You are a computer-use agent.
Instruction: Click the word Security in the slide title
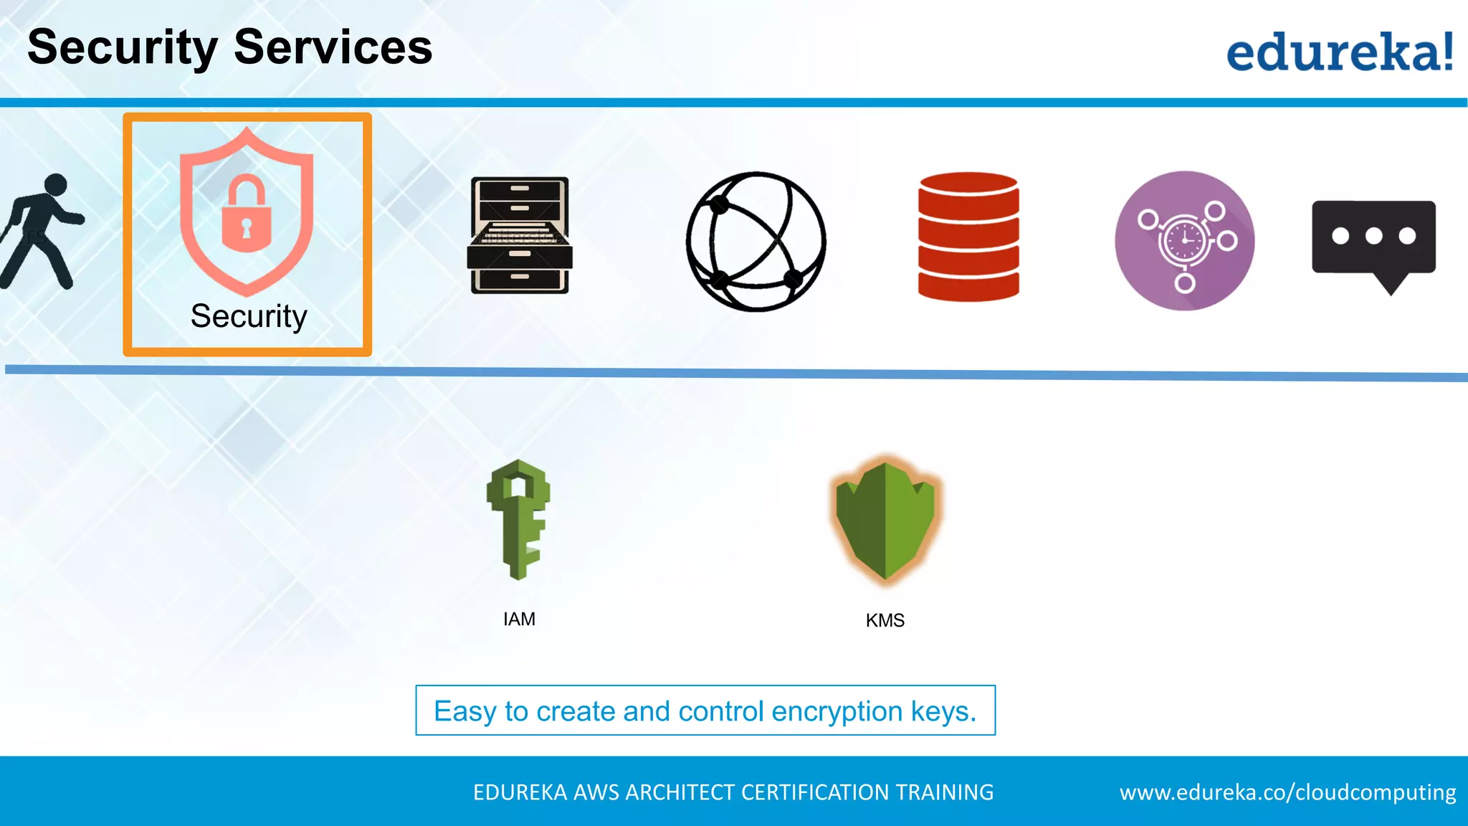click(x=122, y=47)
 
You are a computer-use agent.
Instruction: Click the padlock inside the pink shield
click(x=247, y=214)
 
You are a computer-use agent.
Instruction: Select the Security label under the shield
click(x=248, y=316)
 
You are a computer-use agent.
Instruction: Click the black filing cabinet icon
click(x=520, y=235)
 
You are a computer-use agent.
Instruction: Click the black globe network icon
click(x=756, y=241)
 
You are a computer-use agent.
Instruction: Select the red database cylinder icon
click(x=968, y=236)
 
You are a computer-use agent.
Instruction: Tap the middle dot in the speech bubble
click(x=1373, y=236)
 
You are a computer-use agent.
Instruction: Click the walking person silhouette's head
click(x=56, y=184)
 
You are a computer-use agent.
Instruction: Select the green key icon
click(x=519, y=519)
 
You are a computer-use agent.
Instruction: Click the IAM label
click(x=519, y=619)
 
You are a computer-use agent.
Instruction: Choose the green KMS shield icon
click(x=885, y=521)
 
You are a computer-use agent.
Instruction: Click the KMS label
click(x=885, y=620)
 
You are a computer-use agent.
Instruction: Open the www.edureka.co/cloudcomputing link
click(x=1287, y=792)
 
